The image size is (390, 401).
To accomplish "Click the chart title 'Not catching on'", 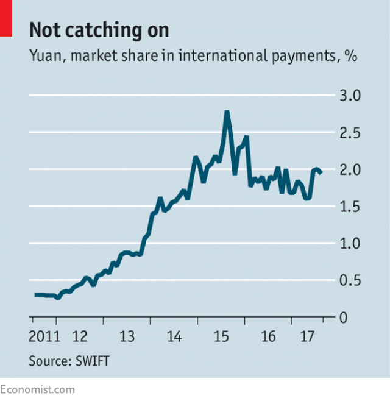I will tap(99, 30).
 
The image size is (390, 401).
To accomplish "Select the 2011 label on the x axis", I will tap(44, 336).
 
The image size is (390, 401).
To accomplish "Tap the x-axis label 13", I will tap(127, 336).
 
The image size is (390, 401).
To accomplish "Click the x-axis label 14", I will tap(174, 336).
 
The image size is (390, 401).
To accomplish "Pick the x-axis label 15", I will tap(221, 336).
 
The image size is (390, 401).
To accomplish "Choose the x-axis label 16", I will tap(268, 336).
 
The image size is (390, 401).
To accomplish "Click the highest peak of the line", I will tap(227, 112).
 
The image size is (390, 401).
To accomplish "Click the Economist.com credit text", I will tap(38, 389).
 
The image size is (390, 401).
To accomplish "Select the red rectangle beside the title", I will tap(6, 18).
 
